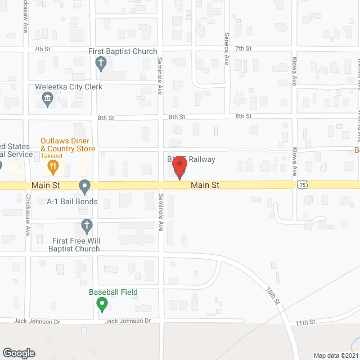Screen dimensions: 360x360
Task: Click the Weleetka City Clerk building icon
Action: point(48,100)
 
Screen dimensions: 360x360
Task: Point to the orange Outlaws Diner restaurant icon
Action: point(53,165)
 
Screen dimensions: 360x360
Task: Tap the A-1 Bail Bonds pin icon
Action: point(85,185)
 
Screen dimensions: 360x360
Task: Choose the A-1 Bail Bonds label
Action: point(72,201)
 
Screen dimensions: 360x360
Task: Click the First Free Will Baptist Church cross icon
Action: point(87,227)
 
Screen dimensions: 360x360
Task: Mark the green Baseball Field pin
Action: point(102,305)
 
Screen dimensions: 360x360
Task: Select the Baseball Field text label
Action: point(113,292)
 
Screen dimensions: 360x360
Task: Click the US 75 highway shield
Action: point(303,184)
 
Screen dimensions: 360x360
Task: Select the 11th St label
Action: point(305,322)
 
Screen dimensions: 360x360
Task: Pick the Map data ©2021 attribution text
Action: point(335,355)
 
